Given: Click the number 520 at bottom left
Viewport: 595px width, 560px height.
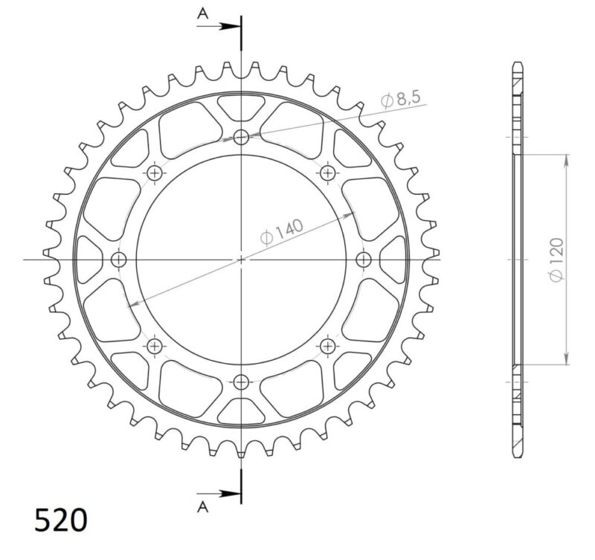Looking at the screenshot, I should click(60, 521).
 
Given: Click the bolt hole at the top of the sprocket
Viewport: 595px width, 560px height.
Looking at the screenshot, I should click(241, 137).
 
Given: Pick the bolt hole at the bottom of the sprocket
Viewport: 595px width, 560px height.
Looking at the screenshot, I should click(241, 382).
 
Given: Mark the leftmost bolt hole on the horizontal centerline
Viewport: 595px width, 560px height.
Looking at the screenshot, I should click(119, 260).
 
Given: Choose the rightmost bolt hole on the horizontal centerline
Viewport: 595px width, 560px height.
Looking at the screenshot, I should click(364, 260).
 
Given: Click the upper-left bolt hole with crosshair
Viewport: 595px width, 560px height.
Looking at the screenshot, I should click(155, 173).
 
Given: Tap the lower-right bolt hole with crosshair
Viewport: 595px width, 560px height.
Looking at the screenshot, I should click(328, 346).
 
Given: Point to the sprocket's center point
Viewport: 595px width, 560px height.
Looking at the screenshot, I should click(241, 260).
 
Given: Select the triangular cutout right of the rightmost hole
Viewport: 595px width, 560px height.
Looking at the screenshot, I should click(393, 260).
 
